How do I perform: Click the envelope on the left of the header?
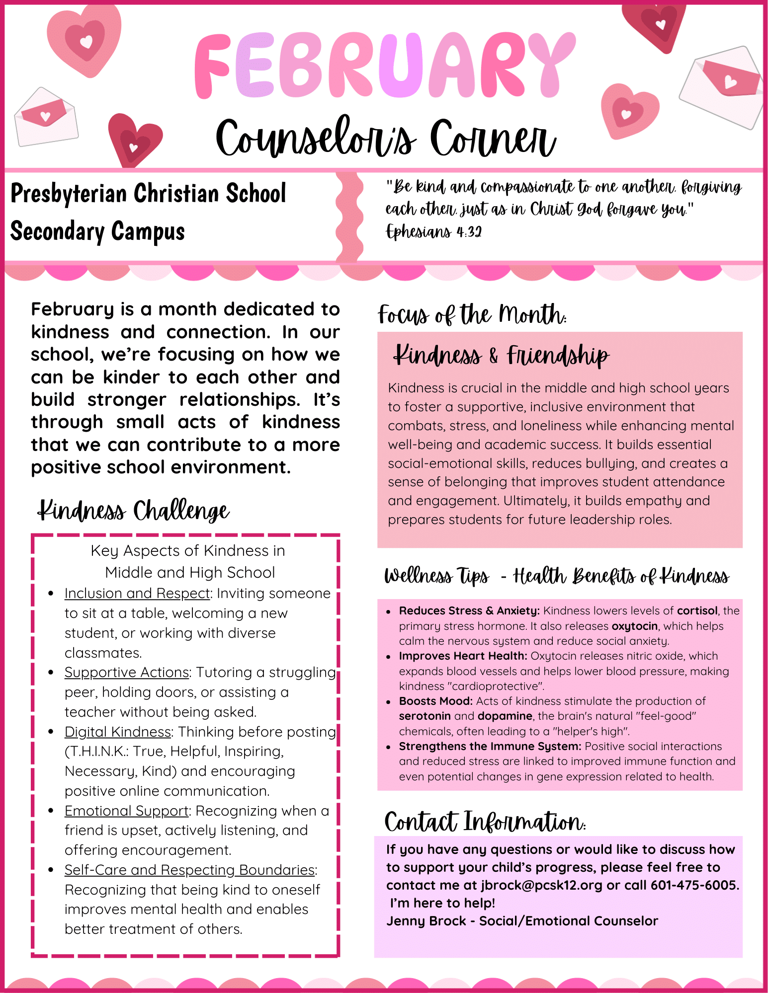(46, 118)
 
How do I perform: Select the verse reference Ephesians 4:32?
(433, 231)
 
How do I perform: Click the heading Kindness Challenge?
(133, 511)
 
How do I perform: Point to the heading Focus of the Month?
(472, 315)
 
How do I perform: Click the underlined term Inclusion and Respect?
(137, 594)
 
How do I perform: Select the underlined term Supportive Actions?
(127, 673)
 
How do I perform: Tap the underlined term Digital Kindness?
(118, 732)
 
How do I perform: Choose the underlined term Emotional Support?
(127, 811)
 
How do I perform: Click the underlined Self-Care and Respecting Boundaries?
(189, 870)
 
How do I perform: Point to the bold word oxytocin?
(634, 626)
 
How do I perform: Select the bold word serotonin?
(425, 716)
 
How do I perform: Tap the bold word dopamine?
(505, 716)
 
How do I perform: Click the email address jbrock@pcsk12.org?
(541, 886)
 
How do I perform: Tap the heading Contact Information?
(485, 822)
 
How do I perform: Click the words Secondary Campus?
(97, 232)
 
